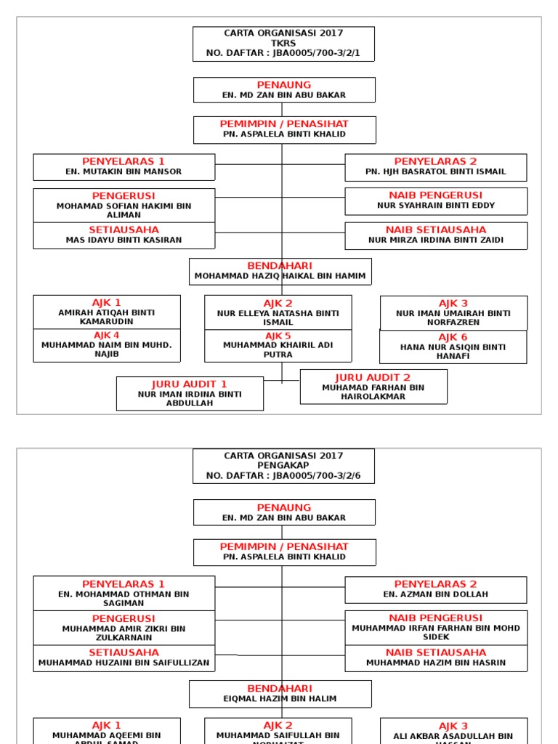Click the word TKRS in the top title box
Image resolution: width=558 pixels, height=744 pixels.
pyautogui.click(x=283, y=43)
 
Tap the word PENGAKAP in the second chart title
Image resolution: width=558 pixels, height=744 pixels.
pyautogui.click(x=283, y=466)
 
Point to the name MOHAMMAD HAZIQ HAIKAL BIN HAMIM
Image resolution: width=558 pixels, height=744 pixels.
pyautogui.click(x=280, y=277)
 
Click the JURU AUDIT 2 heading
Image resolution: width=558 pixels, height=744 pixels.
pyautogui.click(x=373, y=377)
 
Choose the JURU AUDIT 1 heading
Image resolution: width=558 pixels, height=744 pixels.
pyautogui.click(x=190, y=384)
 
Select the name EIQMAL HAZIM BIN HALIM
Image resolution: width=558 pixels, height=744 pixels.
pyautogui.click(x=280, y=699)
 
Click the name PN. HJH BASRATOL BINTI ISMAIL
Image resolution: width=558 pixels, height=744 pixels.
pyautogui.click(x=436, y=172)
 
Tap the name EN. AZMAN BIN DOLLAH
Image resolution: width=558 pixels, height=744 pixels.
pyautogui.click(x=436, y=594)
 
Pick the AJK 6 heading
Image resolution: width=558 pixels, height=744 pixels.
pyautogui.click(x=453, y=337)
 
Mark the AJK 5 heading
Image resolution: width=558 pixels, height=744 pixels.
pyautogui.click(x=278, y=335)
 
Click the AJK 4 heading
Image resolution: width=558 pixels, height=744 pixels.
pyautogui.click(x=106, y=335)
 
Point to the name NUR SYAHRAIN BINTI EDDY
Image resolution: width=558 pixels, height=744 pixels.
pyautogui.click(x=436, y=206)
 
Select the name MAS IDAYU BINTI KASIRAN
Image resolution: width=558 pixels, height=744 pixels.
pyautogui.click(x=124, y=240)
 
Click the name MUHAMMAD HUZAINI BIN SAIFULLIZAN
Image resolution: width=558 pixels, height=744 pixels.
pyautogui.click(x=124, y=663)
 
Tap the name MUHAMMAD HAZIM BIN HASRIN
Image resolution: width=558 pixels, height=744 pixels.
pyautogui.click(x=436, y=663)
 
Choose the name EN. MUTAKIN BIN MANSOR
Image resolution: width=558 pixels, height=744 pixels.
pyautogui.click(x=124, y=172)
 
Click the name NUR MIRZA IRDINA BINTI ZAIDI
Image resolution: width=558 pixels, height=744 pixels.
pyautogui.click(x=436, y=240)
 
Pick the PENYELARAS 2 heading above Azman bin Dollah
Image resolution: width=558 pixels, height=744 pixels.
pyautogui.click(x=436, y=583)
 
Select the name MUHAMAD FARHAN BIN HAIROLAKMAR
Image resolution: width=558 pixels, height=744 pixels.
pyautogui.click(x=373, y=392)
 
